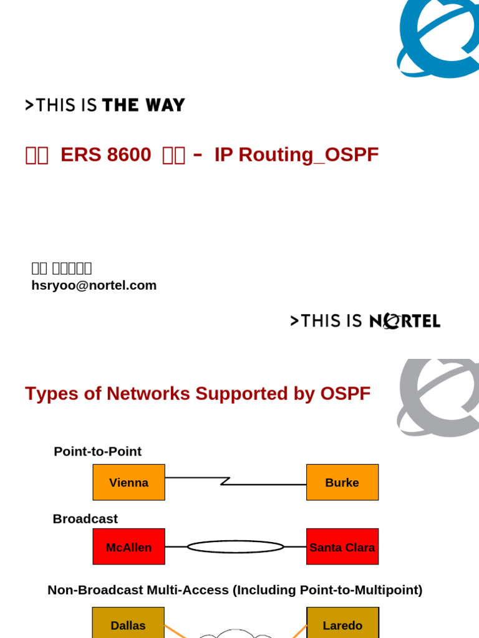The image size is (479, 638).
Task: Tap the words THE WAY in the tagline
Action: click(x=143, y=105)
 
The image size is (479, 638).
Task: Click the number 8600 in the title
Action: click(x=129, y=155)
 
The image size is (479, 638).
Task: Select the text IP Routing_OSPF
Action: click(x=296, y=155)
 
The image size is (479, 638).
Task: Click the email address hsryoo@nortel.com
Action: click(x=94, y=285)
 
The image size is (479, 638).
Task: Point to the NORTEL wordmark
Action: click(x=405, y=321)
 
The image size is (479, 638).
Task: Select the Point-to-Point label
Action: click(x=97, y=451)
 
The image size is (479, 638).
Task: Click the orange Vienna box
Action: click(x=128, y=482)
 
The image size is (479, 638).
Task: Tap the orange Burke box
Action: click(x=342, y=482)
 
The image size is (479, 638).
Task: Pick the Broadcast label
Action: click(x=85, y=518)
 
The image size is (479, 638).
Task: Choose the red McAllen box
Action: click(x=128, y=547)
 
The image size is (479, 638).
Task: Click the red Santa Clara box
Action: click(x=342, y=547)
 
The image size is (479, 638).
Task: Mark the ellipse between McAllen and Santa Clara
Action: click(x=235, y=547)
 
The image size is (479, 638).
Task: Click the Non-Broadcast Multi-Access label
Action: click(x=235, y=589)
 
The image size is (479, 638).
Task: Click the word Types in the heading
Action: click(x=47, y=394)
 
